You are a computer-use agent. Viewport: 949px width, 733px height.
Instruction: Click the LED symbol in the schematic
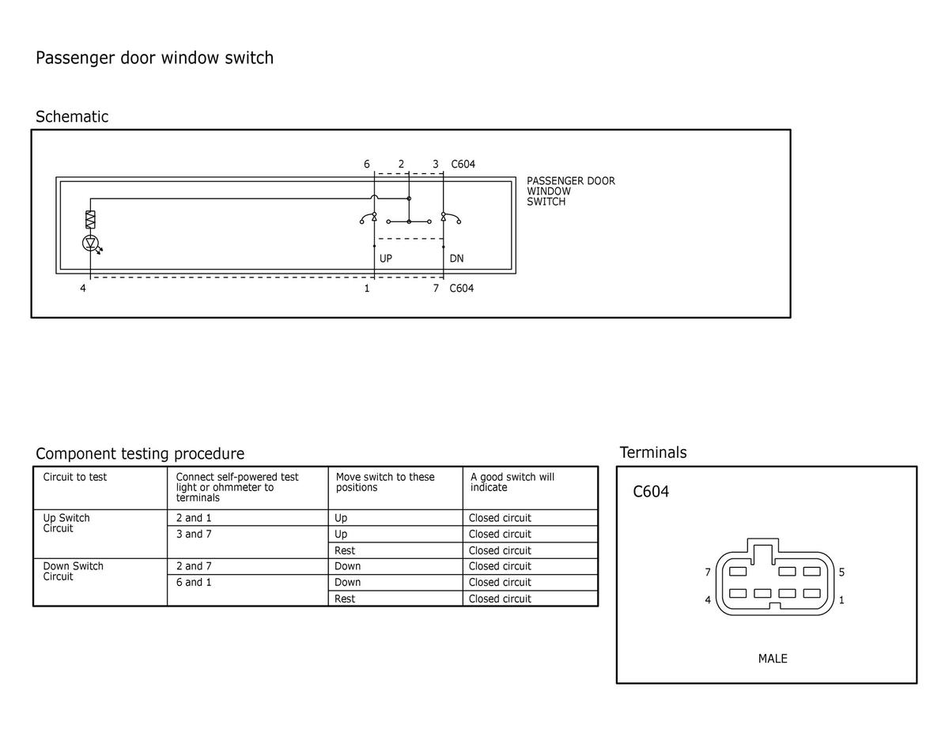tap(90, 244)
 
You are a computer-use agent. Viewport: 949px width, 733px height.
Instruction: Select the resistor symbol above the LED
tap(90, 220)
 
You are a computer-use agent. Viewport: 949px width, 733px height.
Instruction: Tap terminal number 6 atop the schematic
tap(367, 164)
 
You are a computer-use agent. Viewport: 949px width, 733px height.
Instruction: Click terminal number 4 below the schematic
tap(83, 288)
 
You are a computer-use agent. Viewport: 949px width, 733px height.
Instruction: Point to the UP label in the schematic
tap(386, 259)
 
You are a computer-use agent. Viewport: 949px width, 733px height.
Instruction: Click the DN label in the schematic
tap(456, 259)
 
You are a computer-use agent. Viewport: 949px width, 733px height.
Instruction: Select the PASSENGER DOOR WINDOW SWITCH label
tap(570, 191)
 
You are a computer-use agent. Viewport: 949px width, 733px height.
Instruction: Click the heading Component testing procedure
tap(140, 454)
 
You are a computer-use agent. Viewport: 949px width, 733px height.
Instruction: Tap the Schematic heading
tap(72, 116)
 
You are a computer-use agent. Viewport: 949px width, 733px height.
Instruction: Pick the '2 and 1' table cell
tap(194, 518)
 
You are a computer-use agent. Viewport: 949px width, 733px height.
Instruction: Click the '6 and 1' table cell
tap(194, 582)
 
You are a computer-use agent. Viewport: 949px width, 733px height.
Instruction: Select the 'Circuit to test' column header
tap(74, 477)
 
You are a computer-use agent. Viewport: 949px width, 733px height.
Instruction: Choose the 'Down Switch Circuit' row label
tap(73, 571)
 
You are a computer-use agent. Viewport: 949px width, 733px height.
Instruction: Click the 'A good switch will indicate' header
tap(512, 482)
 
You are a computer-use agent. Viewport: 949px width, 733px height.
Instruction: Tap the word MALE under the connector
tap(773, 659)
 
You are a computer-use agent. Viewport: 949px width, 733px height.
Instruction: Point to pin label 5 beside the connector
tap(841, 572)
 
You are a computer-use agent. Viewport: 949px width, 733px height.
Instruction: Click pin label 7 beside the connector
tap(708, 572)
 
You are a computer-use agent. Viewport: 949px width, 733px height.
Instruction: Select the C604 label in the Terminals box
tap(651, 492)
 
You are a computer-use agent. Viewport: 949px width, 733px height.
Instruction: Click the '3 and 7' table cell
tap(194, 534)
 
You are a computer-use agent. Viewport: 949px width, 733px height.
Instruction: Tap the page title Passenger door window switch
tap(154, 58)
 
